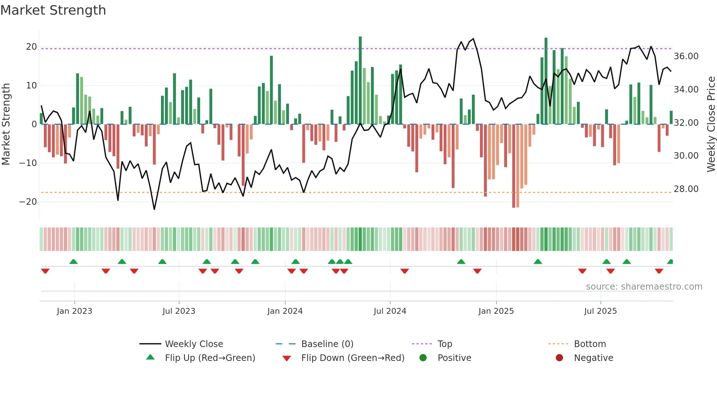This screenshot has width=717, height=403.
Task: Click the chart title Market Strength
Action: point(53,10)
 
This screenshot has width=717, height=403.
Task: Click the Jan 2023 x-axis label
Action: point(75,311)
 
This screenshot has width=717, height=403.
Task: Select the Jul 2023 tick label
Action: point(179,311)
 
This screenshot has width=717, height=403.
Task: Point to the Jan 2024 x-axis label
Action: point(285,311)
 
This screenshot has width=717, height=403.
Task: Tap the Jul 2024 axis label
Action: point(390,311)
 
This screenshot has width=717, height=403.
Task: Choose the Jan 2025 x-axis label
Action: point(496,311)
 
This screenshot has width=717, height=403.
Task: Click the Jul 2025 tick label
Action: point(600,311)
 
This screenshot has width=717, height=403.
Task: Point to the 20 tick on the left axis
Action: point(31,47)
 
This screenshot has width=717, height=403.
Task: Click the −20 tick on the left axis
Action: point(28,202)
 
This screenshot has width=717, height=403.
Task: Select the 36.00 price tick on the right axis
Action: point(686,56)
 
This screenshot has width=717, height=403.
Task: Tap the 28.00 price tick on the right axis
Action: point(686,189)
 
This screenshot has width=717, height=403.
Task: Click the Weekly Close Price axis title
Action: point(711,124)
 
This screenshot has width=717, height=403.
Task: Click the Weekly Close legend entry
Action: point(194,344)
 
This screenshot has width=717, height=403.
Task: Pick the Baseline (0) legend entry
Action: point(327,344)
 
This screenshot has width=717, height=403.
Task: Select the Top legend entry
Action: point(445,344)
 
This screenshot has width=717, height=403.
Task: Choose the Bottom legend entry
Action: point(590,344)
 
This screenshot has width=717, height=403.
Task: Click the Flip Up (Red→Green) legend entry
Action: point(210,358)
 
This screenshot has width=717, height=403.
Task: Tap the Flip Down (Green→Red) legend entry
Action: point(353,358)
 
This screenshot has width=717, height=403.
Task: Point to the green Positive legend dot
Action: point(423,358)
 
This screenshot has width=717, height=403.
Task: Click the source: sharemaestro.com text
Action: point(644,287)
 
